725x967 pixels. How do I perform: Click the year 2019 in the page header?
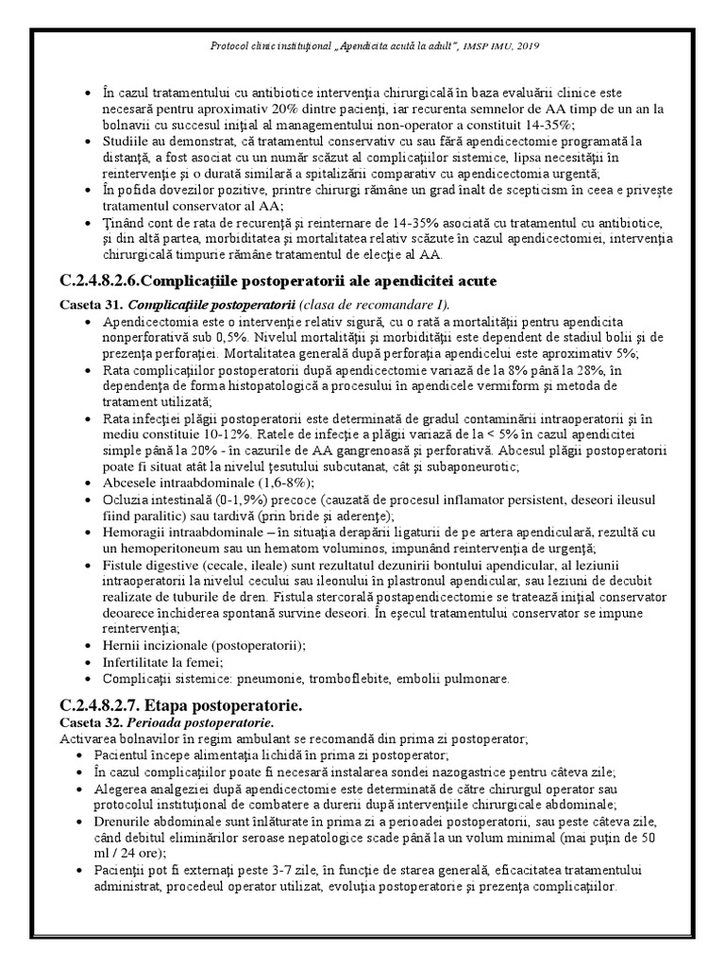tap(531, 45)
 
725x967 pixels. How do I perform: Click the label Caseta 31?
tap(90, 304)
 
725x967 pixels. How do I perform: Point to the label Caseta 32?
tap(90, 722)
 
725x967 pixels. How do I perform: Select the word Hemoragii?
tap(132, 533)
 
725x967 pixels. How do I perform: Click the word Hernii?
tap(122, 645)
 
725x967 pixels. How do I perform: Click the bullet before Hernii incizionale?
tap(88, 645)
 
